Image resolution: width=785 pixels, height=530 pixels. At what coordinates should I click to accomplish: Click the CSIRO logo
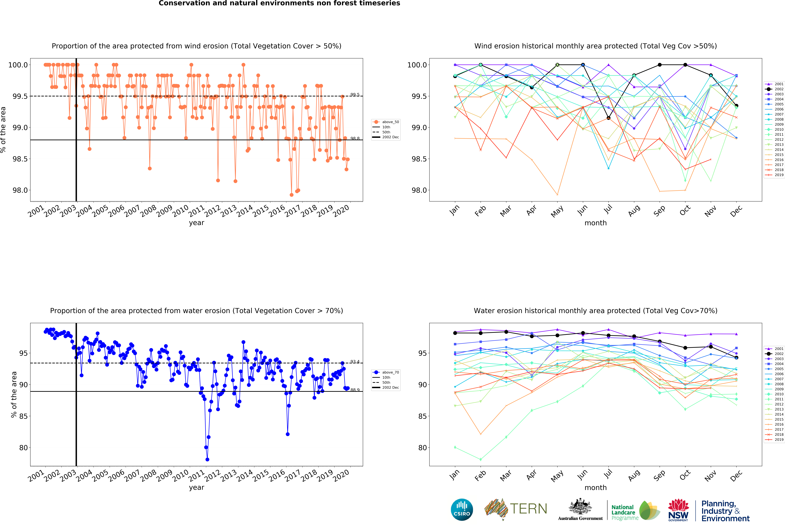(462, 509)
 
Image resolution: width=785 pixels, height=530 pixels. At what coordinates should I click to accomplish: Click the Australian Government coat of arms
(580, 506)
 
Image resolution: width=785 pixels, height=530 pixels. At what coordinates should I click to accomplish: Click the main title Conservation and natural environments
(279, 3)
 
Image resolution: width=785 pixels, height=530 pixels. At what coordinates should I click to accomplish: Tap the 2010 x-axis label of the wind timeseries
(181, 211)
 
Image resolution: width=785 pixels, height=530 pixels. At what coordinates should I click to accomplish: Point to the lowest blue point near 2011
(207, 459)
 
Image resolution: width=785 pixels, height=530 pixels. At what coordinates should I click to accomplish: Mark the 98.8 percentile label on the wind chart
(355, 138)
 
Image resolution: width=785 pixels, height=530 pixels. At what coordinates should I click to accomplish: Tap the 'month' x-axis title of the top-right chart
(595, 223)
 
